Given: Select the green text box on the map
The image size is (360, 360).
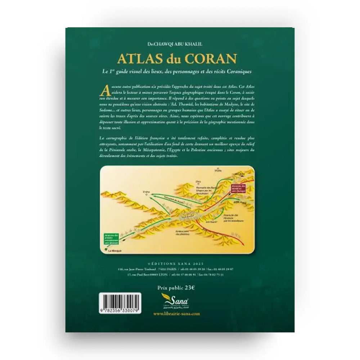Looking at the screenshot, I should click(x=112, y=238).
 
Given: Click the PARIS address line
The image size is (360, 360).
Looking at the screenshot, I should click(x=180, y=269).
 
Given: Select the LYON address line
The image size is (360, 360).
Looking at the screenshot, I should click(x=180, y=274).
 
